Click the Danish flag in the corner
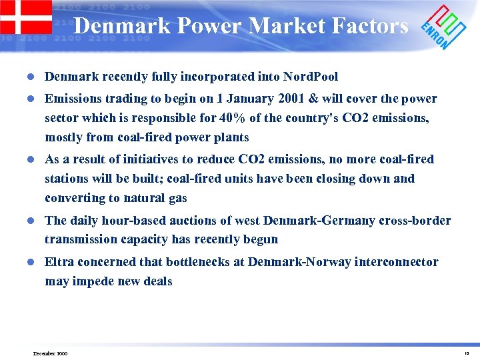tap(25, 17)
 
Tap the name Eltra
tap(59, 263)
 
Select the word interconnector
tap(398, 263)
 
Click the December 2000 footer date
tap(51, 353)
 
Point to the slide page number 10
tap(466, 353)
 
